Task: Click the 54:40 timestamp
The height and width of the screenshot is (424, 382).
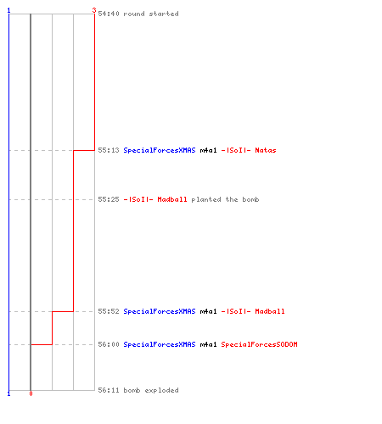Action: (109, 14)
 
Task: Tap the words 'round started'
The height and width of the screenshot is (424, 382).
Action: (151, 14)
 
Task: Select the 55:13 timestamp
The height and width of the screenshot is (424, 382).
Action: (109, 150)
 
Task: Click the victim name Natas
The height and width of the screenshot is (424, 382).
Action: (266, 150)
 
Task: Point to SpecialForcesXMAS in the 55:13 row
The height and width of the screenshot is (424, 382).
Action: (160, 150)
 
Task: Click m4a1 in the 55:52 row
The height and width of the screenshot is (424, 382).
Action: (208, 311)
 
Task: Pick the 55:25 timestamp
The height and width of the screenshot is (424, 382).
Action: (109, 199)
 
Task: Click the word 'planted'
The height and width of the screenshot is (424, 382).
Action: (206, 199)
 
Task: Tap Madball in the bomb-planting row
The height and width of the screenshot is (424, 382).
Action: (172, 199)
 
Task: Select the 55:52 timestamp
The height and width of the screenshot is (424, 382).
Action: (109, 311)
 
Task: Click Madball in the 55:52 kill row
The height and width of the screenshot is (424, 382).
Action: (270, 311)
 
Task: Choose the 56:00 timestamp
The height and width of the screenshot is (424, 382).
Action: (109, 344)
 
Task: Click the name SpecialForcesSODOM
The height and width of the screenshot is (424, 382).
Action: (259, 344)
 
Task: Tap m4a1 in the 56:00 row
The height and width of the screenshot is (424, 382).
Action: (208, 344)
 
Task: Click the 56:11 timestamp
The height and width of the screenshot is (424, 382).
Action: (109, 390)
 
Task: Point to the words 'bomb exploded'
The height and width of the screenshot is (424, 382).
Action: (151, 390)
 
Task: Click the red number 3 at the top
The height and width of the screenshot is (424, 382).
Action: (94, 10)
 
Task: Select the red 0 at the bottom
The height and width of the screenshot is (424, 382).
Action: (31, 393)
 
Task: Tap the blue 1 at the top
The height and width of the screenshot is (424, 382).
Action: (8, 10)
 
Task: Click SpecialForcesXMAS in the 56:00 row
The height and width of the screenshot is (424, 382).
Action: (160, 344)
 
